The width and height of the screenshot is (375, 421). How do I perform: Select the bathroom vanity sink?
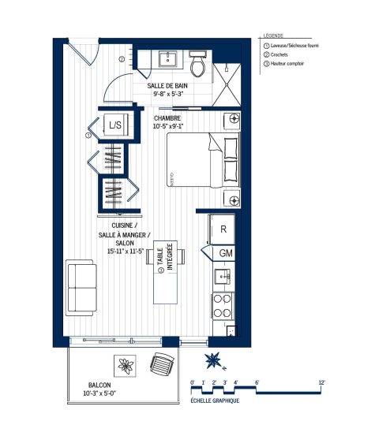(167, 59)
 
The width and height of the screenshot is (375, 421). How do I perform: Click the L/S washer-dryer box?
(115, 125)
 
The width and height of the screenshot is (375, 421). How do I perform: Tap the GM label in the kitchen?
(226, 253)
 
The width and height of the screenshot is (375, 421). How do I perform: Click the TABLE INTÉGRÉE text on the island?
(166, 259)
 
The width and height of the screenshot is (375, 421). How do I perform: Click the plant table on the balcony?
(126, 364)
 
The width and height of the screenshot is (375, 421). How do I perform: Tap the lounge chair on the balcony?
(162, 364)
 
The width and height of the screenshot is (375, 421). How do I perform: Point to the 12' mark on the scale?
(321, 382)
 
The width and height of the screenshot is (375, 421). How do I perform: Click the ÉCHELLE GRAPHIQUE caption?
(216, 401)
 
